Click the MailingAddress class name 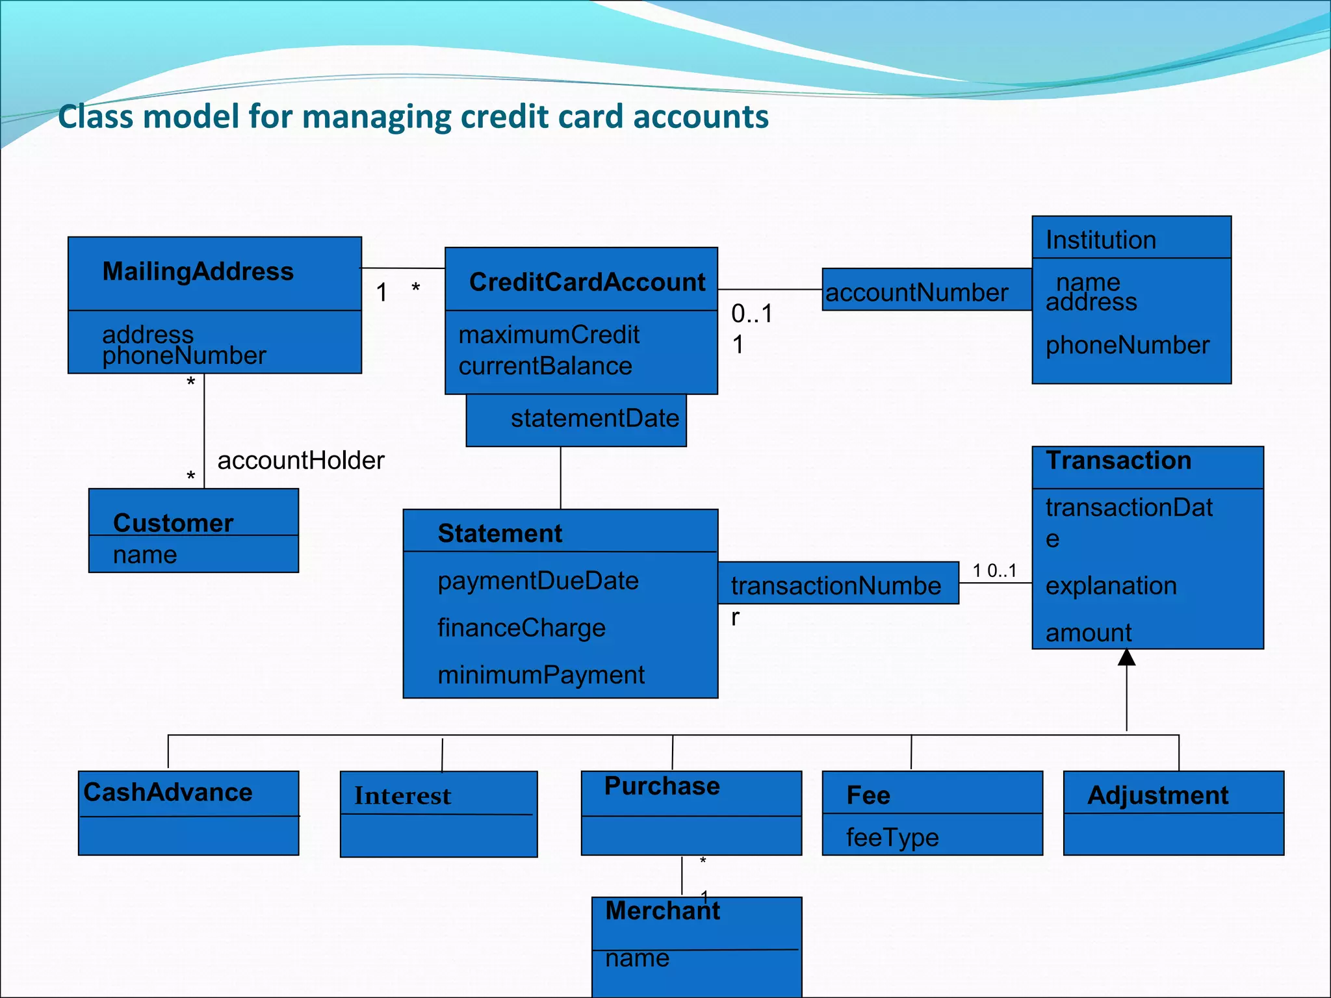[198, 272]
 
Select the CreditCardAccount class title [587, 282]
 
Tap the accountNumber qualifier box [916, 292]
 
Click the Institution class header [1101, 240]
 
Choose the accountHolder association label [301, 461]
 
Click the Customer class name [173, 522]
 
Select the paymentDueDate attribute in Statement [538, 581]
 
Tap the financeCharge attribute [521, 628]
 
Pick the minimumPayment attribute [541, 675]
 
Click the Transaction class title [1118, 461]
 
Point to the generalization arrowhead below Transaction [1126, 658]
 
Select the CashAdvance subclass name [168, 792]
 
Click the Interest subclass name [402, 796]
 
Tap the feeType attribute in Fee [892, 838]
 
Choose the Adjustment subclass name [1157, 795]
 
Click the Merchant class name [662, 911]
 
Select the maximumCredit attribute [549, 335]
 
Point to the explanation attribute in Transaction [1111, 586]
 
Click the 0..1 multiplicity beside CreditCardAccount [752, 314]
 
